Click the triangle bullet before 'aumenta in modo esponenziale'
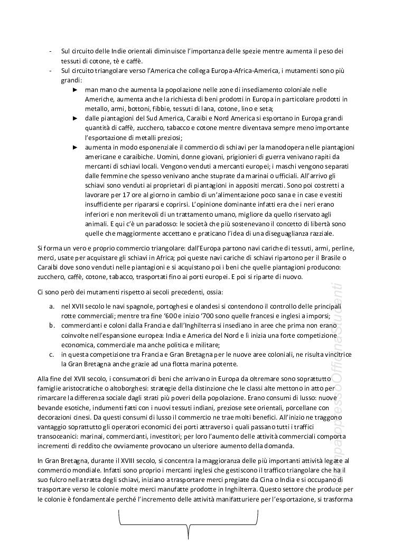click(75, 147)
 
